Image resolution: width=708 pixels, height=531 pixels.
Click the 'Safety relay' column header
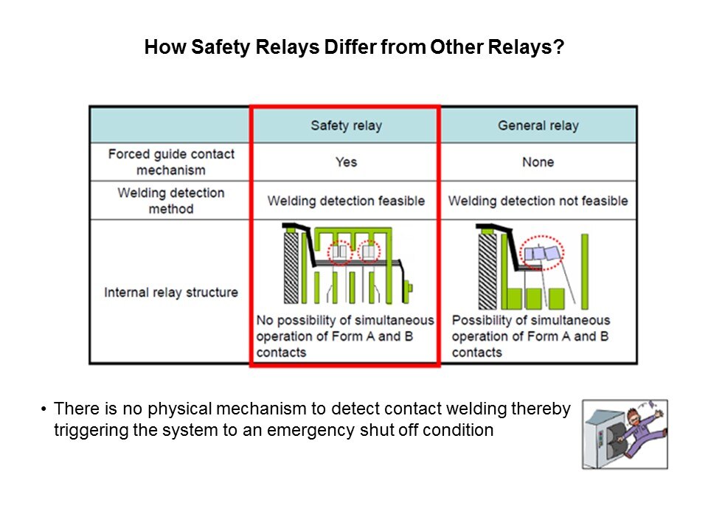[x=346, y=125]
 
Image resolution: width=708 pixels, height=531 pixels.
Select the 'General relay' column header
[x=538, y=125]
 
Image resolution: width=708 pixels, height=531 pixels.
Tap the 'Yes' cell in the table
[x=346, y=162]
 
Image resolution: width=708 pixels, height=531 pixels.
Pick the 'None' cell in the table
[x=538, y=162]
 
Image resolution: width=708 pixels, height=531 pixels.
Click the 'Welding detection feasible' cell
[x=346, y=201]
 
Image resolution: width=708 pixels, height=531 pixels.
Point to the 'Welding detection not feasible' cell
[x=538, y=201]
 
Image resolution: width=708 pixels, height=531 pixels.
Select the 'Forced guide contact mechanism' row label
[x=171, y=162]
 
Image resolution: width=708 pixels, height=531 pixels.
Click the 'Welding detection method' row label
[x=171, y=201]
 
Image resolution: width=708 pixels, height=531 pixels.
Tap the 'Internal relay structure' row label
[x=171, y=292]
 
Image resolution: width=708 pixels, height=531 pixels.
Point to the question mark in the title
[x=559, y=46]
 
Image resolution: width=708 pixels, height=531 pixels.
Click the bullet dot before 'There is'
[x=44, y=409]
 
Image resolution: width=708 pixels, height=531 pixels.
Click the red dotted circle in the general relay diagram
[x=541, y=253]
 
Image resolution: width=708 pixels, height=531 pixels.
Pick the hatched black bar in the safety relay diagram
[x=291, y=267]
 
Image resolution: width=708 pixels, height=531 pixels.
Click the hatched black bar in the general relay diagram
[x=487, y=271]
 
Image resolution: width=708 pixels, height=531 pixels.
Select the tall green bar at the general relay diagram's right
[x=585, y=271]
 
